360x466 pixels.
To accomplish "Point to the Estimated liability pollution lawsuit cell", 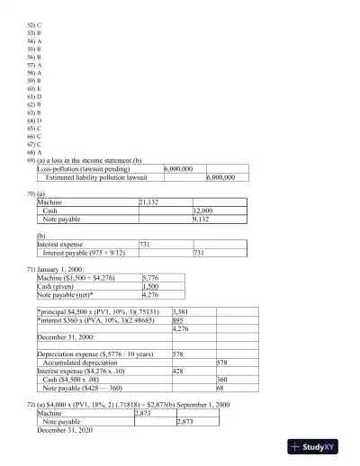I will [x=98, y=177].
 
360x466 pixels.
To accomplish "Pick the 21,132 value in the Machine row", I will [x=148, y=203].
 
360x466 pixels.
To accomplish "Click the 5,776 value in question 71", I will [x=151, y=278].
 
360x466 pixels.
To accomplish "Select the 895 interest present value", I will [x=178, y=319].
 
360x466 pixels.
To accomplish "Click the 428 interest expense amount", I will [x=178, y=371].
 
